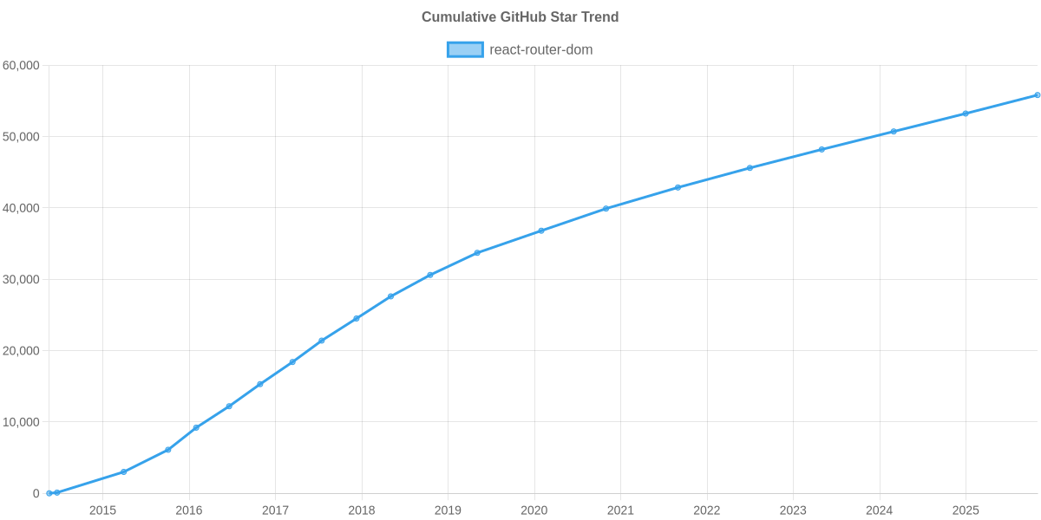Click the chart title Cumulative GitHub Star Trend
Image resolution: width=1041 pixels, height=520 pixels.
pyautogui.click(x=520, y=17)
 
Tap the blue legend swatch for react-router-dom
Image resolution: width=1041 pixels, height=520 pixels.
pyautogui.click(x=464, y=50)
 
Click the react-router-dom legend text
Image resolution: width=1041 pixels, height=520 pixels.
pyautogui.click(x=540, y=50)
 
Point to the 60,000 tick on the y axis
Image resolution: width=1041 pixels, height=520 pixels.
pyautogui.click(x=22, y=66)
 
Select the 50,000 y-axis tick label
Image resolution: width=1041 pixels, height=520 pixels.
pyautogui.click(x=22, y=137)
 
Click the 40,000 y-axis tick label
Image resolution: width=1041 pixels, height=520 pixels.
pyautogui.click(x=22, y=208)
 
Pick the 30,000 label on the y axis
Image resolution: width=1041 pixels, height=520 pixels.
pyautogui.click(x=22, y=280)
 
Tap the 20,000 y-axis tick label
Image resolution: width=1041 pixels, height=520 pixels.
pyautogui.click(x=22, y=351)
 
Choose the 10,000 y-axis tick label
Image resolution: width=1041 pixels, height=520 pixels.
pyautogui.click(x=22, y=422)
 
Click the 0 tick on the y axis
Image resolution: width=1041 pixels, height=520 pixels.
pyautogui.click(x=36, y=493)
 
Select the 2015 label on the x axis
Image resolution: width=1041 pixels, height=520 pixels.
pyautogui.click(x=102, y=510)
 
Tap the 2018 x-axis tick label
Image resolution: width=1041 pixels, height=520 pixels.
pyautogui.click(x=362, y=510)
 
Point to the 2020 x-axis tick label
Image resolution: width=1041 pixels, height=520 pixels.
pyautogui.click(x=534, y=510)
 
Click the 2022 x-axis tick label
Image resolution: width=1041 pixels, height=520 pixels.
pyautogui.click(x=707, y=510)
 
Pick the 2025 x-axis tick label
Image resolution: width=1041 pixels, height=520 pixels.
pyautogui.click(x=966, y=510)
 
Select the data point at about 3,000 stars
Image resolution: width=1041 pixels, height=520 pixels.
pyautogui.click(x=123, y=472)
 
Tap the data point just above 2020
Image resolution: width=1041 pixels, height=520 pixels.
pyautogui.click(x=540, y=231)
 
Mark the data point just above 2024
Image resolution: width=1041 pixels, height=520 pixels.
pyautogui.click(x=894, y=132)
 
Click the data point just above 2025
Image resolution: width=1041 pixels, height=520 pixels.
pyautogui.click(x=966, y=114)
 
